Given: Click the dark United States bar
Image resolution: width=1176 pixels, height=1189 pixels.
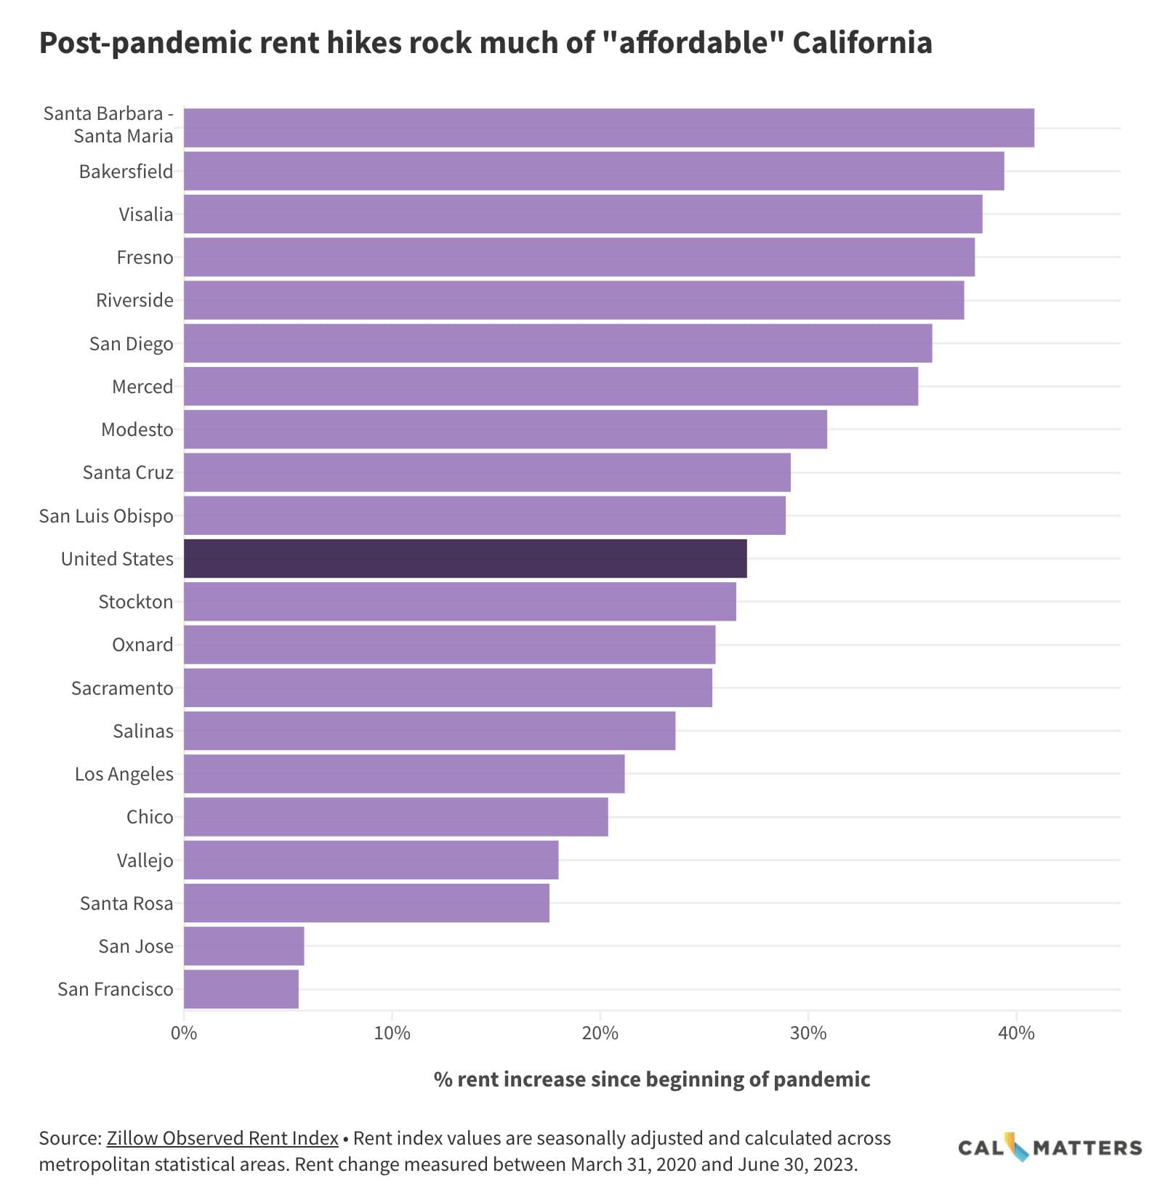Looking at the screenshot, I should tap(465, 558).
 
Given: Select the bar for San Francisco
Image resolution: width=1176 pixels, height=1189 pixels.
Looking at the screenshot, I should tap(241, 989).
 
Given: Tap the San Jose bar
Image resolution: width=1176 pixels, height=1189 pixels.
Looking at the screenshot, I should tap(243, 946).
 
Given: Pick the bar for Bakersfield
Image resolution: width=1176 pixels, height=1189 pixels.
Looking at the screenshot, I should tap(593, 171).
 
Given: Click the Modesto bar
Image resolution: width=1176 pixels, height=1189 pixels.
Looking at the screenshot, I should tap(505, 429).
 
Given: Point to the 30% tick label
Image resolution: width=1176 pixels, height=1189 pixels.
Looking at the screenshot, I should tap(808, 1033).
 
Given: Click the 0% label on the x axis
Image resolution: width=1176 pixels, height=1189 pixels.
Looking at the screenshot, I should tap(184, 1033).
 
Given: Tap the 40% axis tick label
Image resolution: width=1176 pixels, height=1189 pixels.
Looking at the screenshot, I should tap(1016, 1033).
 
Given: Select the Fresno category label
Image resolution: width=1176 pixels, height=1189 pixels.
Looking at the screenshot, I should tap(145, 257).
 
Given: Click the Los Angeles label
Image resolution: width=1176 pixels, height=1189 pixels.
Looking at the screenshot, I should tap(124, 774).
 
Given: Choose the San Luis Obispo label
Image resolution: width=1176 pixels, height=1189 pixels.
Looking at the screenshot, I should tap(106, 516).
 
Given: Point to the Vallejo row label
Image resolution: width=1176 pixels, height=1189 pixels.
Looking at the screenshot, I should tap(145, 860).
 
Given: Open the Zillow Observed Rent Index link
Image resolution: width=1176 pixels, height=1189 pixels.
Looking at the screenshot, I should tap(222, 1137).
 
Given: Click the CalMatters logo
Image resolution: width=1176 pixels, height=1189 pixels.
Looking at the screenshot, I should tap(1050, 1148).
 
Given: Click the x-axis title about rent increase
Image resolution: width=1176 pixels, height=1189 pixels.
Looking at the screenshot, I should tap(651, 1079).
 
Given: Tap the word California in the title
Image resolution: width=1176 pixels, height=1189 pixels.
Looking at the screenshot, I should tap(862, 43).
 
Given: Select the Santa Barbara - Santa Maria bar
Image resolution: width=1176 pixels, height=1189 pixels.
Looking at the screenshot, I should tap(608, 128).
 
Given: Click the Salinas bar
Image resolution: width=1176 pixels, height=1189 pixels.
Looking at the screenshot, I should tap(429, 730).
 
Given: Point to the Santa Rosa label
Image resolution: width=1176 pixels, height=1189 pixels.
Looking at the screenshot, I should tap(126, 903).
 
